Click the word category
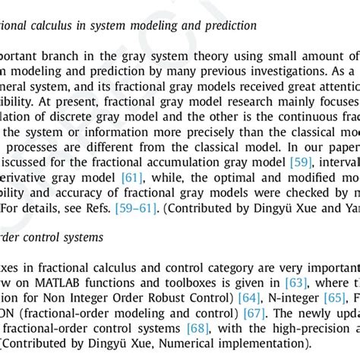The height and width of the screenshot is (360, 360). [229, 268]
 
